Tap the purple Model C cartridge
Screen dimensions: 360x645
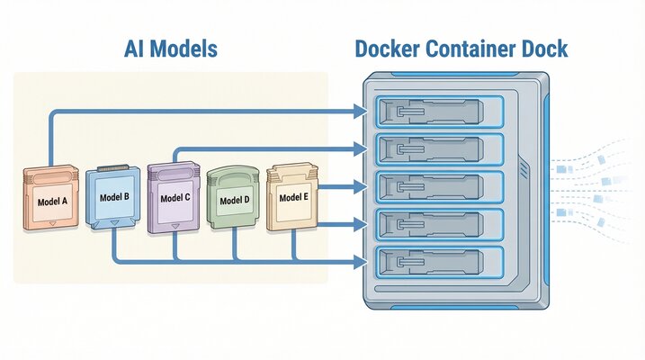click(x=175, y=195)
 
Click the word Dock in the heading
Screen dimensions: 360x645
click(x=542, y=48)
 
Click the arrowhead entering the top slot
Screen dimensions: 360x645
click(x=362, y=112)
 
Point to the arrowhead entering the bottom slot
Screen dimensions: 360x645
click(x=362, y=262)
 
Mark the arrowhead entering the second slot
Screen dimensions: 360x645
click(x=362, y=148)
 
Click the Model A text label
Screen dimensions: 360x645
click(x=52, y=202)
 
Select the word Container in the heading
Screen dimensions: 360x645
click(x=475, y=48)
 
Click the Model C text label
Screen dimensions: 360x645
click(x=175, y=197)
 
